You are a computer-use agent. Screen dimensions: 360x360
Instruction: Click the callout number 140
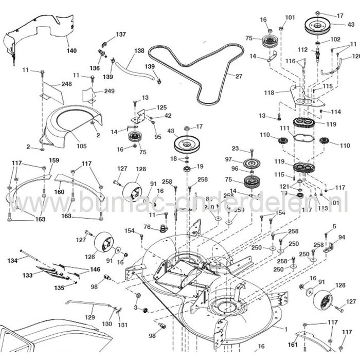pyautogui.click(x=70, y=51)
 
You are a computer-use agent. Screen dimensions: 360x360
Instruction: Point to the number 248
pyautogui.click(x=66, y=84)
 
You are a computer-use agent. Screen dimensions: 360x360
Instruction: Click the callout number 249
pyautogui.click(x=109, y=91)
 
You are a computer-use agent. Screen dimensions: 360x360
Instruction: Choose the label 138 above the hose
pyautogui.click(x=139, y=50)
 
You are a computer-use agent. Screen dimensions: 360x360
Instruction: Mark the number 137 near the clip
pyautogui.click(x=120, y=34)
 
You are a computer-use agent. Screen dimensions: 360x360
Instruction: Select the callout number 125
pyautogui.click(x=162, y=107)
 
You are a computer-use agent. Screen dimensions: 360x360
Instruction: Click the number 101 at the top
pyautogui.click(x=290, y=17)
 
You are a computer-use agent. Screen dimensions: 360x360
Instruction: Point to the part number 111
pyautogui.click(x=284, y=128)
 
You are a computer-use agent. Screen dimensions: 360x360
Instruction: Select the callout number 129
pyautogui.click(x=89, y=317)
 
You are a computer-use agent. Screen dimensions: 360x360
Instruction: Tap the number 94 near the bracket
pyautogui.click(x=341, y=238)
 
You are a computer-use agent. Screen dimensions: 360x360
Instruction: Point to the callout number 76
pyautogui.click(x=147, y=227)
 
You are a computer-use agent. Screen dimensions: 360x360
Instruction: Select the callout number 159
pyautogui.click(x=53, y=160)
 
